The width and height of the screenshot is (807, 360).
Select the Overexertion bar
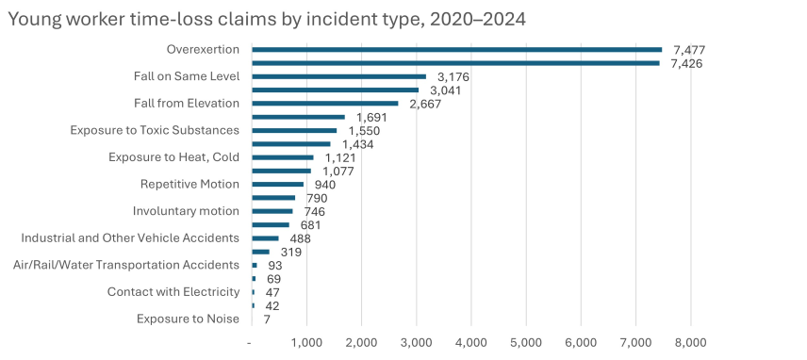click(x=456, y=49)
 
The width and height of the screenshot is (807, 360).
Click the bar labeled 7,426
click(x=455, y=63)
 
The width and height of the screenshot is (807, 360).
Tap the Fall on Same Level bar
click(x=338, y=76)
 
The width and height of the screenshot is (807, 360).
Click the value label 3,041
click(x=443, y=90)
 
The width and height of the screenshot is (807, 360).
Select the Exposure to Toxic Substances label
click(x=155, y=130)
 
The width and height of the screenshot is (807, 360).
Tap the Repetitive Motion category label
click(x=189, y=184)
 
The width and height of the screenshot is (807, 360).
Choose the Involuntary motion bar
click(x=272, y=211)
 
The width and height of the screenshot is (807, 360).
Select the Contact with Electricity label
click(x=173, y=292)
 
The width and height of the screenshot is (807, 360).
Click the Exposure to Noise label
click(x=188, y=319)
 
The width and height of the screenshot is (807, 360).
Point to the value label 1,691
click(x=371, y=117)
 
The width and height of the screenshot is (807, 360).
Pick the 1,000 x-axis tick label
click(x=306, y=341)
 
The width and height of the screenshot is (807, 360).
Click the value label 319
click(x=292, y=252)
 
